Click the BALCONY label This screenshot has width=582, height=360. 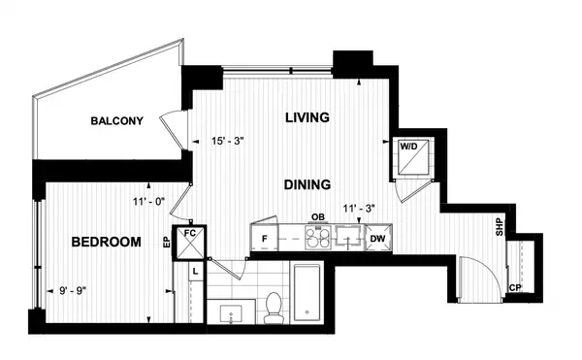click(117, 121)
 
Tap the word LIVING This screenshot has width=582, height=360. click(307, 117)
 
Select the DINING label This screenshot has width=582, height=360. click(307, 184)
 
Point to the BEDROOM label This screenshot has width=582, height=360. click(106, 242)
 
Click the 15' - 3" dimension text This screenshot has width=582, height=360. click(227, 141)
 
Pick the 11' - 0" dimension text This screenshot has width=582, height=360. click(149, 202)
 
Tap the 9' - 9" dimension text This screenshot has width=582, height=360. click(73, 290)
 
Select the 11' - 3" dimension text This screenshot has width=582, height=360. click(359, 209)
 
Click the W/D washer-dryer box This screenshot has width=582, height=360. click(413, 156)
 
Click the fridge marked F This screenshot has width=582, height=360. click(265, 238)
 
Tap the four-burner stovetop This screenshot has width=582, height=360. click(318, 238)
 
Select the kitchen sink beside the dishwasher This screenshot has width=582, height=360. click(348, 236)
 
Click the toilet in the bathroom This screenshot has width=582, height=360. click(274, 308)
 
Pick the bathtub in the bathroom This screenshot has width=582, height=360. click(307, 292)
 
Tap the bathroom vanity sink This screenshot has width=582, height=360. click(231, 313)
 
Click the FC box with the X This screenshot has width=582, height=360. click(190, 243)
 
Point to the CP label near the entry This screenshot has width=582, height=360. click(515, 287)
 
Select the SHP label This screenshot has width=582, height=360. click(500, 227)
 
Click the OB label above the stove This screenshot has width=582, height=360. click(318, 217)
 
